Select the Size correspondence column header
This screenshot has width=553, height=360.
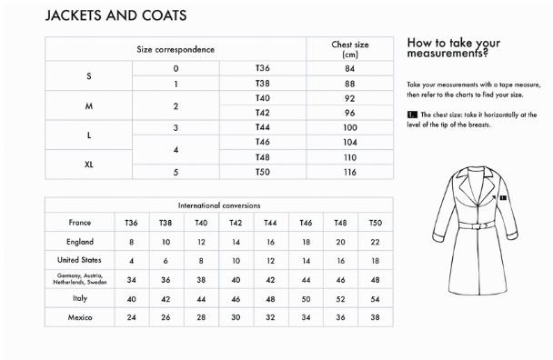click(x=176, y=49)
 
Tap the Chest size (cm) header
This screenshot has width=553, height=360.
click(x=349, y=49)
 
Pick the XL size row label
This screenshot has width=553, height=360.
click(x=88, y=165)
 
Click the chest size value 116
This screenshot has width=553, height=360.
click(x=349, y=172)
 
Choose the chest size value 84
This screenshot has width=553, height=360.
click(x=349, y=69)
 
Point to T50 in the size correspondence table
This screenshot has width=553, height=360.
click(x=263, y=172)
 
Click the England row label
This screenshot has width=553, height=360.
click(x=80, y=242)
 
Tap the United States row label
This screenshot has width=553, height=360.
click(x=80, y=261)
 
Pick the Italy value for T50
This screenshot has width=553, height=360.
click(x=375, y=299)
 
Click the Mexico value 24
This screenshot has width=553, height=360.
click(x=131, y=318)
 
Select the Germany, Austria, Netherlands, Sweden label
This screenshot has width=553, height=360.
click(x=80, y=280)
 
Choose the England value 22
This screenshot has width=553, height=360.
click(x=375, y=242)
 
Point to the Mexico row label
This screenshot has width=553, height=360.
click(x=80, y=318)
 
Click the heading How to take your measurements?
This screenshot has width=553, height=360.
click(x=453, y=48)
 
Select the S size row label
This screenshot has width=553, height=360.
click(x=88, y=76)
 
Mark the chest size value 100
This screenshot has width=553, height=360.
click(x=349, y=128)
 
